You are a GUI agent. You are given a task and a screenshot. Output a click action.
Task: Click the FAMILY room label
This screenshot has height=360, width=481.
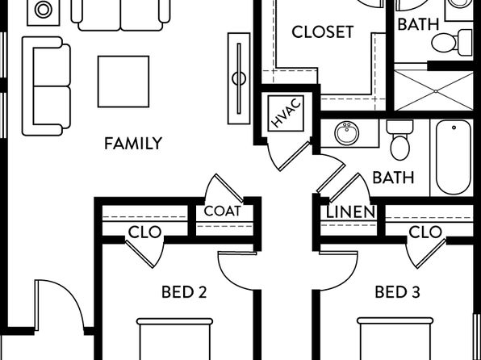133,144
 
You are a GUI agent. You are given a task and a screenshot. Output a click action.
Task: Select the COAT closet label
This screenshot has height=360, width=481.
223,211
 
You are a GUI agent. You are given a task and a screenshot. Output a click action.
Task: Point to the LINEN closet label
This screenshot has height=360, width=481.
350,212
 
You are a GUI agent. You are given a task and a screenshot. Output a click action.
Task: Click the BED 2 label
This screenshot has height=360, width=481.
184,292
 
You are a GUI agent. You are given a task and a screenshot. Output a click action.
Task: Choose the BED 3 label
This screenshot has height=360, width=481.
397,292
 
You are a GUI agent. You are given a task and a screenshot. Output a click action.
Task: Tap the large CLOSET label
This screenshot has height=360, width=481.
323,32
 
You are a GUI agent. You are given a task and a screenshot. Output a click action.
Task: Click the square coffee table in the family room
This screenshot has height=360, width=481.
123,82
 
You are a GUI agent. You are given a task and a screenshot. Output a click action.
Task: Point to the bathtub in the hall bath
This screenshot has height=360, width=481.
453,157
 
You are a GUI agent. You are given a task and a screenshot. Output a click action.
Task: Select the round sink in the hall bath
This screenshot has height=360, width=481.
347,133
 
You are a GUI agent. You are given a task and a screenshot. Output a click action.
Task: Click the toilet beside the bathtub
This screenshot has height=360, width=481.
399,140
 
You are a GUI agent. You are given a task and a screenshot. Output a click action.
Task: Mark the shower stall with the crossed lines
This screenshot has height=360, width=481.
433,90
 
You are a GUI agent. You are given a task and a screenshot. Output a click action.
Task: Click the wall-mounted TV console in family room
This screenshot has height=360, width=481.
239,78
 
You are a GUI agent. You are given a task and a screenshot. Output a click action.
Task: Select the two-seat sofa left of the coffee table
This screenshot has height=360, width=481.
47,86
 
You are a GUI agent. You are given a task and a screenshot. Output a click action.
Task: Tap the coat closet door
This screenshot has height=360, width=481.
224,188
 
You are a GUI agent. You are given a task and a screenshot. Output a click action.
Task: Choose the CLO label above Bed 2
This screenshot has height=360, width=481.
144,232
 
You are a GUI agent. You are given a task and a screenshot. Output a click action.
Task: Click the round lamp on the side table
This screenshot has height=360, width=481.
44,10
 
